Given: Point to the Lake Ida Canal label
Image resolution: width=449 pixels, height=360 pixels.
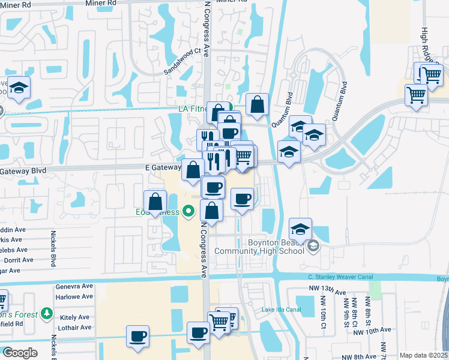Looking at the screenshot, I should (x=281, y=310).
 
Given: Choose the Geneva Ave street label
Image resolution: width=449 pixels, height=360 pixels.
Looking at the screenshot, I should (x=75, y=287).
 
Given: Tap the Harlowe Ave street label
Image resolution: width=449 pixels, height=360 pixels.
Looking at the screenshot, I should (x=74, y=296).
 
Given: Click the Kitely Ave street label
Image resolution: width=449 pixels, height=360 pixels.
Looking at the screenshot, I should (x=74, y=317).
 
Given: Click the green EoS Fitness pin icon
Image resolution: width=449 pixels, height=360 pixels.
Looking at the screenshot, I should (x=190, y=211).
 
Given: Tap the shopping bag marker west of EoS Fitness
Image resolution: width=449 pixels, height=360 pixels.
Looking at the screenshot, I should (x=155, y=201).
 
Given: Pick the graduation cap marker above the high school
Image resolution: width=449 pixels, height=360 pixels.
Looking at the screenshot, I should (x=300, y=228).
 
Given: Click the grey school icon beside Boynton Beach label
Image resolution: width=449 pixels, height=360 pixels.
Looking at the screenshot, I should (x=313, y=246).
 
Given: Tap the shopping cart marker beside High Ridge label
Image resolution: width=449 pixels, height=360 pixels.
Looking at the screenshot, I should (x=431, y=75).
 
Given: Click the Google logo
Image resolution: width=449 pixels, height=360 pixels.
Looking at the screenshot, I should (x=20, y=353).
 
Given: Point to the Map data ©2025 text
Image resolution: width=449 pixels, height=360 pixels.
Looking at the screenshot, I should (x=423, y=355).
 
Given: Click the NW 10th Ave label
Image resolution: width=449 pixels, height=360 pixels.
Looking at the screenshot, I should (x=372, y=330).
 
